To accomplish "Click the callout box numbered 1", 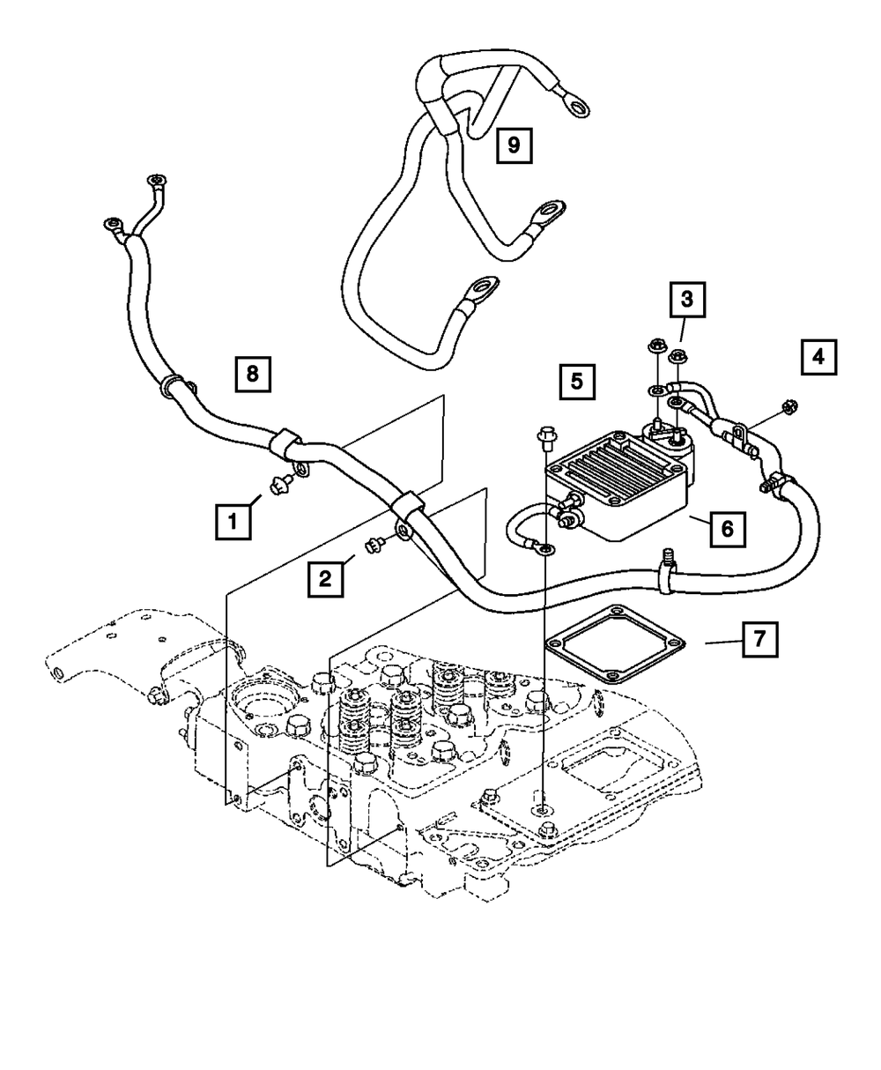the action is point(233,522).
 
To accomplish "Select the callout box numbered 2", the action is point(325,579).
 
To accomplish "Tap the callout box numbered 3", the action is point(687,300).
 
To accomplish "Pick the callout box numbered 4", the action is point(818,357).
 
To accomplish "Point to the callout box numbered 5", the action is point(577,382).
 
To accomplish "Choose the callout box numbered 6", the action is point(728,529).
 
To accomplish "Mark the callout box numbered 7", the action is point(760,639).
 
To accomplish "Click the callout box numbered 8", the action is point(253,375).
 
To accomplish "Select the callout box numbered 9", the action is point(514,145).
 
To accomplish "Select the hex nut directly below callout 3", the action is point(678,354).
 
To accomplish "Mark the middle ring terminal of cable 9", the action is point(550,210).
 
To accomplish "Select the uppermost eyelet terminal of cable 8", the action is point(156,179).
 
